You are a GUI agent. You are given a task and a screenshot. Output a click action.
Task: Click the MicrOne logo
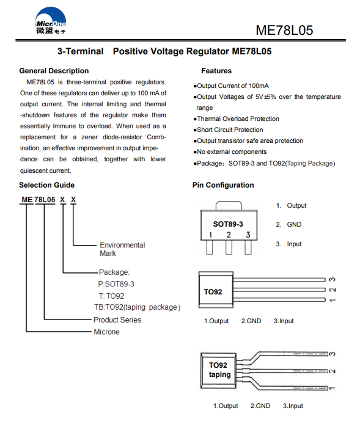pyautogui.click(x=51, y=21)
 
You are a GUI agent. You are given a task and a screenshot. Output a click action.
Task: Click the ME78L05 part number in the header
pyautogui.click(x=284, y=30)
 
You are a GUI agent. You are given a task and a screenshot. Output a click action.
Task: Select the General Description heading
pyautogui.click(x=54, y=71)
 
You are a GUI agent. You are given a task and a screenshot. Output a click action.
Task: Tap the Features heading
pyautogui.click(x=216, y=71)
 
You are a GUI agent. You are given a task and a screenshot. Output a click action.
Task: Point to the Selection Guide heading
pyautogui.click(x=46, y=185)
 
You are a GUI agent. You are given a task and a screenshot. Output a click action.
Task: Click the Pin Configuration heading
pyautogui.click(x=223, y=185)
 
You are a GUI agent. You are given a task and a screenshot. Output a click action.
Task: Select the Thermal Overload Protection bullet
pyautogui.click(x=237, y=119)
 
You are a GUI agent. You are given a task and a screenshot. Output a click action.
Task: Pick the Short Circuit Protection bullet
pyautogui.click(x=228, y=130)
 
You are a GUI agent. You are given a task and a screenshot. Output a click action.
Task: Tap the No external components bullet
pyautogui.click(x=230, y=151)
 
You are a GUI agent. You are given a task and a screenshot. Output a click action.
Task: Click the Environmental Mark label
pyautogui.click(x=122, y=249)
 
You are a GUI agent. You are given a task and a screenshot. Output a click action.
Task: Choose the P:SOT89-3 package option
pyautogui.click(x=116, y=284)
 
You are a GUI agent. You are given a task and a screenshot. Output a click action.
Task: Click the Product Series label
pyautogui.click(x=117, y=319)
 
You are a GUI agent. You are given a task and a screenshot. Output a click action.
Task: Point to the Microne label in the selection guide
pyautogui.click(x=106, y=332)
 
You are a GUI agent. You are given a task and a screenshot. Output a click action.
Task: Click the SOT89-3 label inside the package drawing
pyautogui.click(x=228, y=224)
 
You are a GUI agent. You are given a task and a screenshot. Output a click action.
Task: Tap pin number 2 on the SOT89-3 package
pyautogui.click(x=229, y=235)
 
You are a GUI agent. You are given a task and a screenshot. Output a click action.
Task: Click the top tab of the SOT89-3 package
pyautogui.click(x=229, y=206)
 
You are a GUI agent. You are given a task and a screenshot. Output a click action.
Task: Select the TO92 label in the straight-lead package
pyautogui.click(x=213, y=292)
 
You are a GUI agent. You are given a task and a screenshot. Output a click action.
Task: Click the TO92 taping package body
pyautogui.click(x=219, y=371)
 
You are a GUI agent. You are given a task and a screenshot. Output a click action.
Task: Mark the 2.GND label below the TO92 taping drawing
pyautogui.click(x=260, y=406)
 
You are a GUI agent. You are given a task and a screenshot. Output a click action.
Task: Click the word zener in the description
pyautogui.click(x=89, y=137)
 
